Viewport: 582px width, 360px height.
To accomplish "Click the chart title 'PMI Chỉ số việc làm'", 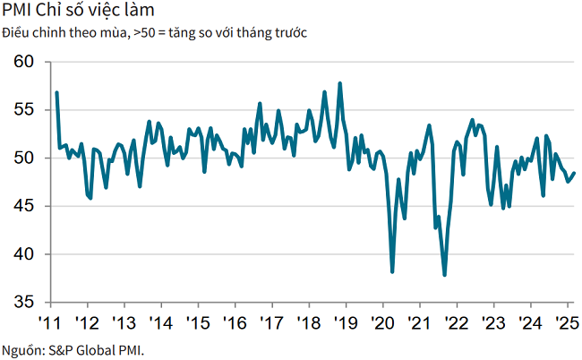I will coord(78,12).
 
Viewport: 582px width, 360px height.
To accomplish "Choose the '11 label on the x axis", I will coord(49,322).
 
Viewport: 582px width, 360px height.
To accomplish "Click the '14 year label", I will coord(159,322).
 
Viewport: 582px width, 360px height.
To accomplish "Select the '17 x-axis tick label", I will coord(270,322).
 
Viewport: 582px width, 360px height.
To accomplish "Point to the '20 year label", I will coord(381,322).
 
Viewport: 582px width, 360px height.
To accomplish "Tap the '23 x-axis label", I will coord(492,322).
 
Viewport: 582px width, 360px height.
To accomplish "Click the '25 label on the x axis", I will coord(566,322).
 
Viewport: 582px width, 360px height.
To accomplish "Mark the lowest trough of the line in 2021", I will coord(445,275).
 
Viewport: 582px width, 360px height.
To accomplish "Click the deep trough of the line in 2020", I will coord(392,271).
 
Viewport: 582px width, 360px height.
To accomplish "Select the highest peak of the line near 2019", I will coord(340,83).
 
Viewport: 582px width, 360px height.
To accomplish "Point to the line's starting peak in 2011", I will coord(56,92).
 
